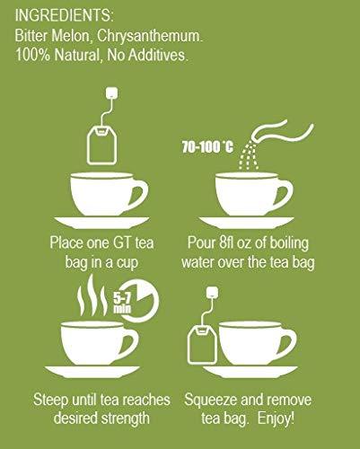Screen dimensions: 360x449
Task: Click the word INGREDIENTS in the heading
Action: point(62,15)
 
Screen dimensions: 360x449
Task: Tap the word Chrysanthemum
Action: point(150,36)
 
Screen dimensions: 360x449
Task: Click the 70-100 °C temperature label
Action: point(207,147)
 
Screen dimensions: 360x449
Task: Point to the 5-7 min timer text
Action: point(122,303)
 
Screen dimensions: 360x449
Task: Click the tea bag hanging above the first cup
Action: point(101,145)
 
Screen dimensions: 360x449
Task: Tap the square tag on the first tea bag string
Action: point(111,92)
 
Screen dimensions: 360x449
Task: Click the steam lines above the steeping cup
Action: point(92,297)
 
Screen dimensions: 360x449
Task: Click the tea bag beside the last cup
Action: point(202,344)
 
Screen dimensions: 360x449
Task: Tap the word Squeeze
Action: point(210,401)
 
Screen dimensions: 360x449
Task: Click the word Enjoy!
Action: point(276,418)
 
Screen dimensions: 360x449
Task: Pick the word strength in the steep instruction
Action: point(125,418)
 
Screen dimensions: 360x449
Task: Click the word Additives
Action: point(157,55)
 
